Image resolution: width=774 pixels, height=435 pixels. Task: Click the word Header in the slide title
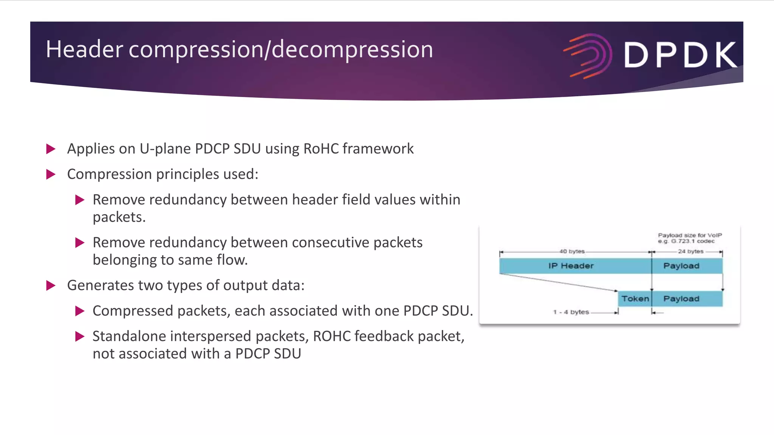tap(84, 49)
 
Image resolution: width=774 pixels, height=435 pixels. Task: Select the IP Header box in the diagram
tap(571, 266)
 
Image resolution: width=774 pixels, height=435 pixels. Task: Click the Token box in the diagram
tap(635, 299)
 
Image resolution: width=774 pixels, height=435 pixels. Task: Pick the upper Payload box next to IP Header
tap(681, 266)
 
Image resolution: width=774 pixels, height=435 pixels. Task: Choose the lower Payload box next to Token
tap(681, 299)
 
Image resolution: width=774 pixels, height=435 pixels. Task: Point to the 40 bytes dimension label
tap(572, 251)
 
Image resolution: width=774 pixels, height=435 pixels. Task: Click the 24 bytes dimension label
tap(690, 251)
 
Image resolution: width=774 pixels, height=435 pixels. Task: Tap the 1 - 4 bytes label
tap(571, 312)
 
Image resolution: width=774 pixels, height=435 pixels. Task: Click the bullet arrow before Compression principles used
tap(51, 174)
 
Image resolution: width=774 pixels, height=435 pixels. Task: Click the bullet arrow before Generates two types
tap(51, 285)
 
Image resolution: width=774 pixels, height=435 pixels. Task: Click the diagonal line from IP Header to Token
tap(557, 282)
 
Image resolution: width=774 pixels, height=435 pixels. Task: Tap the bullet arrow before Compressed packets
tap(79, 311)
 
